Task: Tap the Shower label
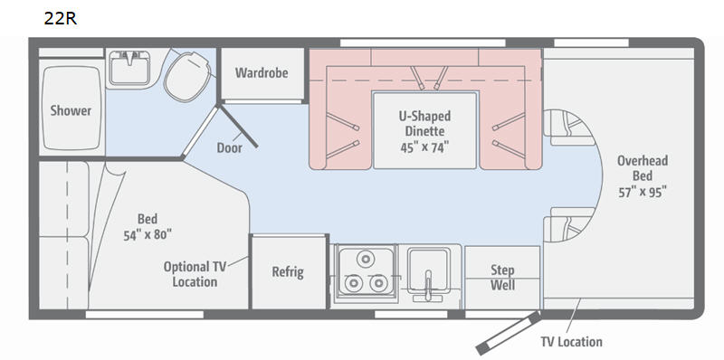[x=71, y=110]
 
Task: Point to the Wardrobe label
[x=262, y=72]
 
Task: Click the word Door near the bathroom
[x=229, y=147]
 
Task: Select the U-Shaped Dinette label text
[x=424, y=123]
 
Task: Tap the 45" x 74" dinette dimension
[x=424, y=145]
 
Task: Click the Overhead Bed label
[x=642, y=168]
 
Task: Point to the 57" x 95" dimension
[x=642, y=192]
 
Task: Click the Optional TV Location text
[x=190, y=274]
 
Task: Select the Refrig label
[x=288, y=272]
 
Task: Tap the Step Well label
[x=502, y=278]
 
